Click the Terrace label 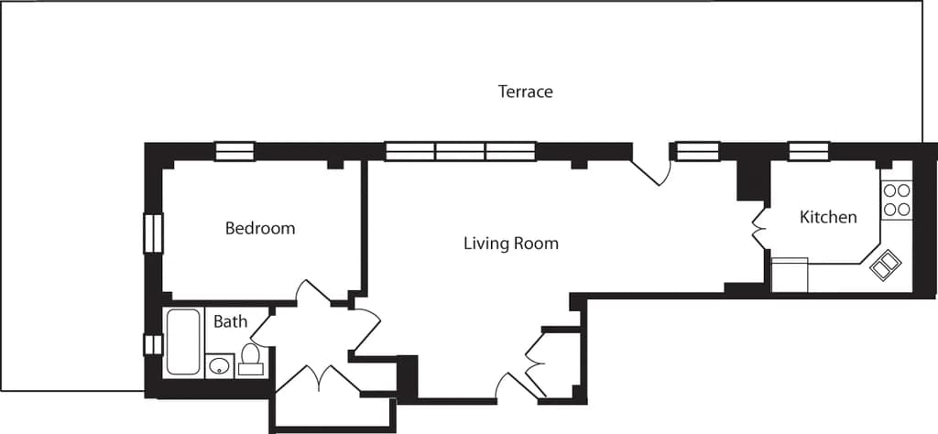pyautogui.click(x=525, y=92)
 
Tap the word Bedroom pyautogui.click(x=260, y=228)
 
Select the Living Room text pyautogui.click(x=510, y=244)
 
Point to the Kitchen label pyautogui.click(x=828, y=217)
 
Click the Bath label pyautogui.click(x=230, y=321)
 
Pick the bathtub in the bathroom pyautogui.click(x=183, y=342)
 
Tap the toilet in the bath pyautogui.click(x=250, y=360)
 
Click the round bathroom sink pyautogui.click(x=219, y=366)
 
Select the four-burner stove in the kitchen pyautogui.click(x=896, y=201)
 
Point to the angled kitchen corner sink pyautogui.click(x=886, y=266)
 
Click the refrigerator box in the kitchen pyautogui.click(x=790, y=275)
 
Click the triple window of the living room pyautogui.click(x=460, y=151)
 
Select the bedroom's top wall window pyautogui.click(x=234, y=151)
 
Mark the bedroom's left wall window pyautogui.click(x=152, y=233)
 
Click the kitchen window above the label pyautogui.click(x=809, y=151)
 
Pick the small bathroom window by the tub pyautogui.click(x=152, y=344)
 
